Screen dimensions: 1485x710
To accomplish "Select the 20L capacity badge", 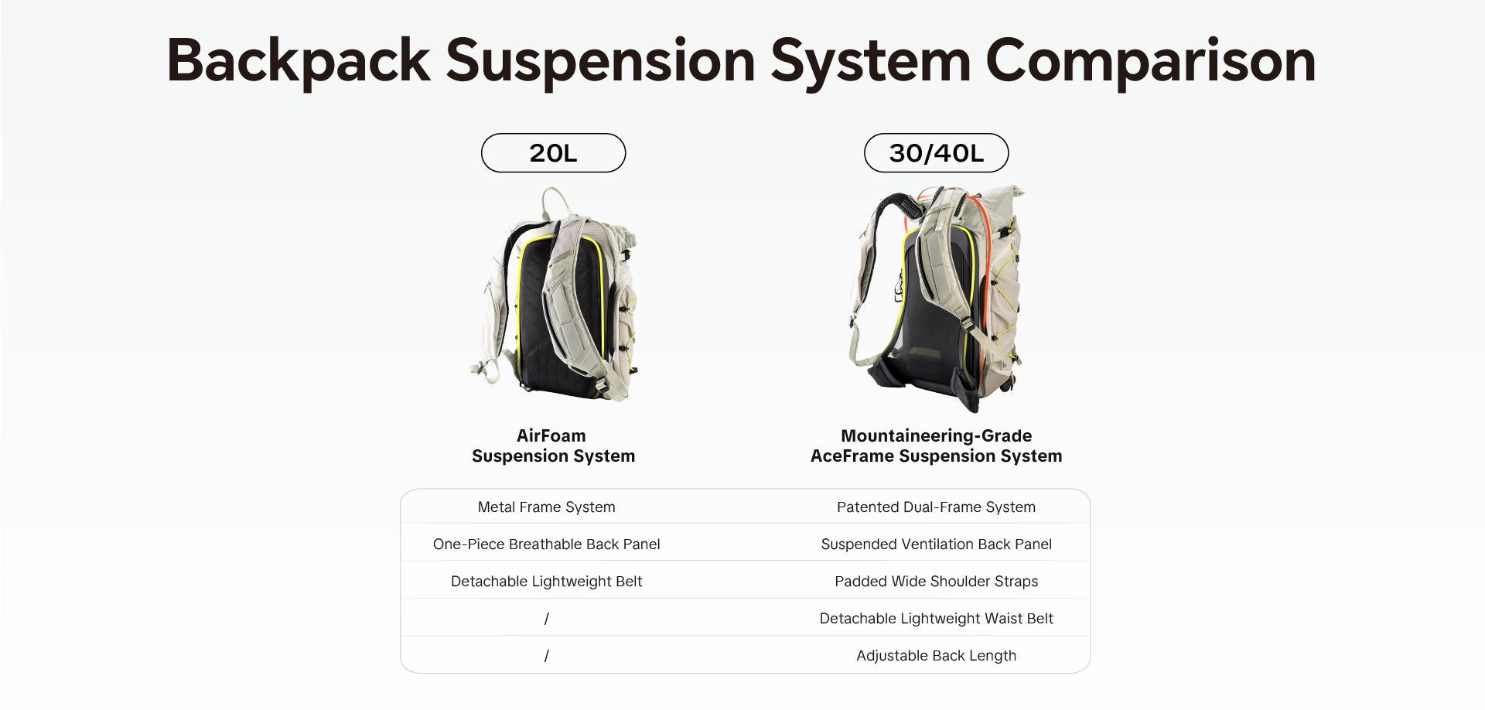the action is (553, 153).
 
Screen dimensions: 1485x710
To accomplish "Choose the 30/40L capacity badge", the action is (936, 153).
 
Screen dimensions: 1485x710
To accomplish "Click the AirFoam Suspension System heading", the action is (553, 446).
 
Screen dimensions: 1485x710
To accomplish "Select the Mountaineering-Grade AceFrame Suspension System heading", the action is (936, 446).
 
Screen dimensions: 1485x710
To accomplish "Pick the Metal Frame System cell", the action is (546, 507).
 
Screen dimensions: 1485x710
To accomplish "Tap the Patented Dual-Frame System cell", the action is (936, 507).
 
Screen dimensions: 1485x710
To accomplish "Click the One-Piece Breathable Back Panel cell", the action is (546, 544).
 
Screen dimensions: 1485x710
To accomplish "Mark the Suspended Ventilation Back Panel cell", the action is (936, 544).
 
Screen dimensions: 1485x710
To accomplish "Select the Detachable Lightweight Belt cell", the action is (546, 582).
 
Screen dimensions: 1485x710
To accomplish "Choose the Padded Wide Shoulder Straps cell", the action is (936, 582).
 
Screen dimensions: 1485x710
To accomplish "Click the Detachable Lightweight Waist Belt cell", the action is (936, 619).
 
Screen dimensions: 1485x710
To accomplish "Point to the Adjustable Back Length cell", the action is (936, 656).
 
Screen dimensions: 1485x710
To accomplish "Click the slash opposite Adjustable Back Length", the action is (546, 656).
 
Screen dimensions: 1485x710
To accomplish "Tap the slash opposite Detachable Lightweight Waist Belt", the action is (546, 619).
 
